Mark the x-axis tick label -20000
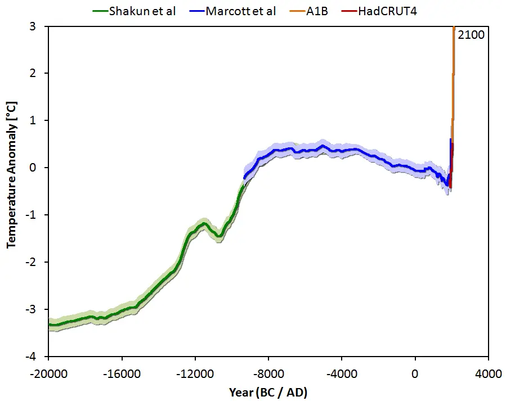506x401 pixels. (49, 373)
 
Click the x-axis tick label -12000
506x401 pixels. (195, 373)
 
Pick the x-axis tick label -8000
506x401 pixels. (268, 373)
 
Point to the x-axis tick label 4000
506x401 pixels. (488, 373)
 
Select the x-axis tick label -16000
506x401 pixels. (122, 373)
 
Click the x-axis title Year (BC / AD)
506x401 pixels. (268, 391)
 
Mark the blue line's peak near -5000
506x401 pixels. (323, 147)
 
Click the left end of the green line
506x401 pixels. (50, 325)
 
